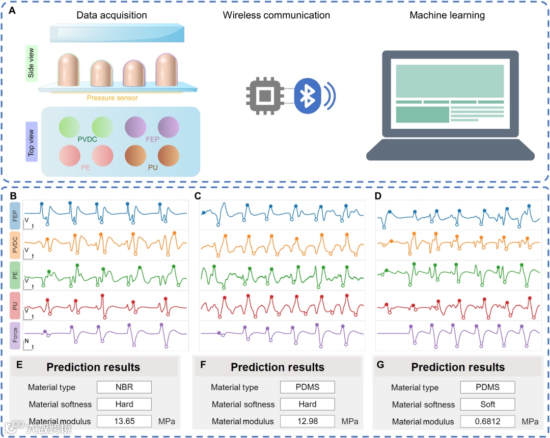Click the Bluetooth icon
(x=307, y=96)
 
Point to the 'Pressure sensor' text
(x=112, y=98)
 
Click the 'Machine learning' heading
(x=447, y=15)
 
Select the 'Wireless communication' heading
(x=276, y=15)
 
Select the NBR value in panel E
(x=124, y=387)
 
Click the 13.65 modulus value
(x=124, y=421)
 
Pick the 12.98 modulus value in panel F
(x=307, y=421)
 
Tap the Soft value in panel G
(x=487, y=404)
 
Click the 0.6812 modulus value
(x=487, y=421)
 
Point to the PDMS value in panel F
(x=307, y=387)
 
